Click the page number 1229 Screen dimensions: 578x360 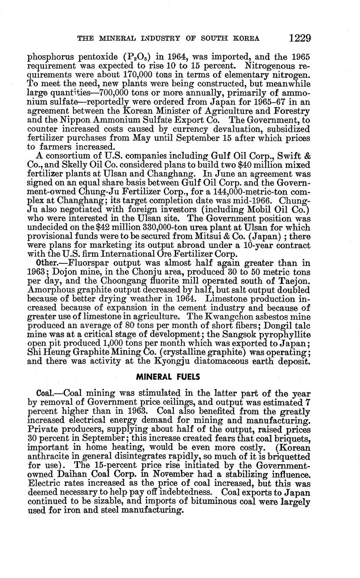(300, 39)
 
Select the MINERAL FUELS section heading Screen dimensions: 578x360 (168, 377)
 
